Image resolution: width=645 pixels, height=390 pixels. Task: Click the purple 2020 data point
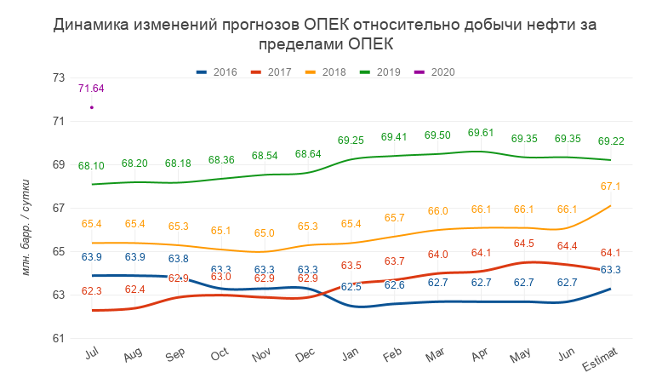pyautogui.click(x=91, y=107)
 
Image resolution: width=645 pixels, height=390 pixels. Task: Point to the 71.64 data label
pyautogui.click(x=91, y=89)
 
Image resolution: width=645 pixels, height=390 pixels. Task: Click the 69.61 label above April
pyautogui.click(x=482, y=133)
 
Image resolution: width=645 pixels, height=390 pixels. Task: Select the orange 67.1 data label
pyautogui.click(x=611, y=186)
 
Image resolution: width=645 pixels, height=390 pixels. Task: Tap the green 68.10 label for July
pyautogui.click(x=91, y=166)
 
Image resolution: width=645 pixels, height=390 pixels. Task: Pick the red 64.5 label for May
pyautogui.click(x=525, y=244)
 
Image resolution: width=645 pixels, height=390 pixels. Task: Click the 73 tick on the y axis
pyautogui.click(x=59, y=77)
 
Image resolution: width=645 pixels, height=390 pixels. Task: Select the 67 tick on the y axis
pyautogui.click(x=59, y=208)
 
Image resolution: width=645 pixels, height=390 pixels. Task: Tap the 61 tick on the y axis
pyautogui.click(x=59, y=338)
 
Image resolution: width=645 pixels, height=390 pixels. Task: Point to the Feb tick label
pyautogui.click(x=393, y=354)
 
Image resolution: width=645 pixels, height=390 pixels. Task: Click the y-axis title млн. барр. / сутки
pyautogui.click(x=26, y=227)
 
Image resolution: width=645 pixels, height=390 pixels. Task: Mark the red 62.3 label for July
pyautogui.click(x=91, y=291)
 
